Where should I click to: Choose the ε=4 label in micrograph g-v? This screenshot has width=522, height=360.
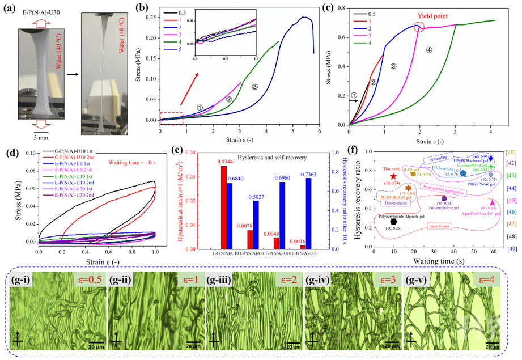coord(486,279)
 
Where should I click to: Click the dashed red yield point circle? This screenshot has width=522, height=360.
coord(419,27)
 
